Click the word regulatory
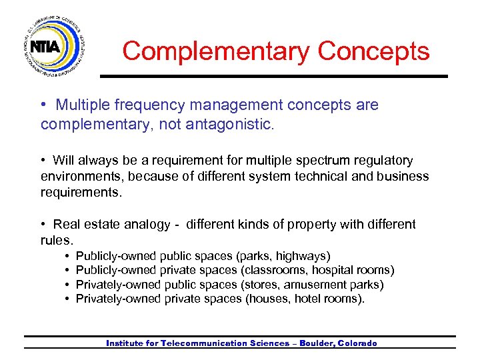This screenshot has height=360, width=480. (381, 161)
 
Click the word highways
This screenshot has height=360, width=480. (303, 256)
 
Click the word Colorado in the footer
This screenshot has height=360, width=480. (358, 343)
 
